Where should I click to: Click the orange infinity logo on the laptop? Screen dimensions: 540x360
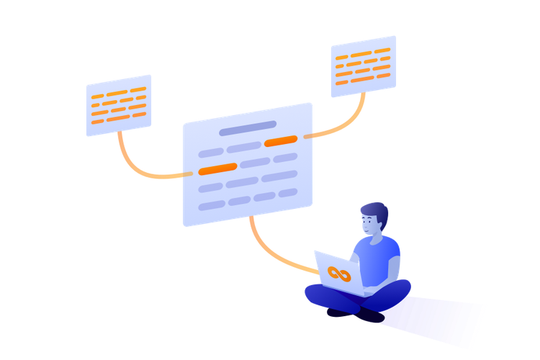(338, 274)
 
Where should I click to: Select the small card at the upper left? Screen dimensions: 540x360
(119, 105)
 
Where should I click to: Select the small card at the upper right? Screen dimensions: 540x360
(364, 66)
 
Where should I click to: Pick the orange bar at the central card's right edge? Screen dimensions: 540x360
(281, 141)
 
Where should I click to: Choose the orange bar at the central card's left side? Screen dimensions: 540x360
(217, 168)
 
